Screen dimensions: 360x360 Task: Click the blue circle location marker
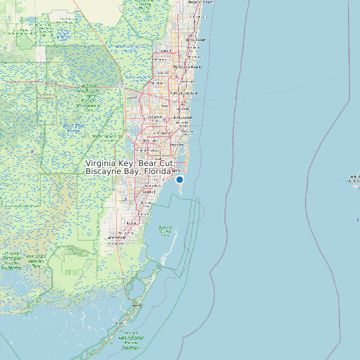tap(179, 179)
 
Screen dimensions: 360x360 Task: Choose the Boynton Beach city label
tap(201, 2)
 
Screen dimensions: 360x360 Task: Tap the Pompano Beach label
tap(187, 67)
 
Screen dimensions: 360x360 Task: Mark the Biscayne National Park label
tap(166, 230)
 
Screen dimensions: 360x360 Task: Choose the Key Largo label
tap(135, 306)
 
